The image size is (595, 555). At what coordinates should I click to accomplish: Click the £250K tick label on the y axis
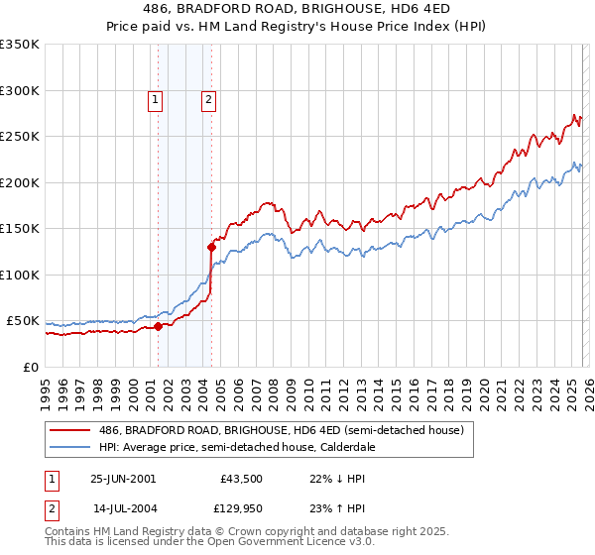click(20, 137)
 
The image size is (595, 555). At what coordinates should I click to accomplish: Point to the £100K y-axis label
click(20, 275)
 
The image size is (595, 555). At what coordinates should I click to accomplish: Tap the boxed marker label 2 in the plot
click(210, 98)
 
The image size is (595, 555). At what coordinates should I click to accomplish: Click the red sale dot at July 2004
click(211, 247)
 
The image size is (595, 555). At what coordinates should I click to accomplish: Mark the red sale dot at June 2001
click(158, 326)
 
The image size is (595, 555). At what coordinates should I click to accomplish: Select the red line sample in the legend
click(71, 431)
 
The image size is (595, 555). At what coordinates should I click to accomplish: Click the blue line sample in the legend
click(71, 448)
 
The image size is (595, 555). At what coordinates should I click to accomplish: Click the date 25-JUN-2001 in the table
click(123, 479)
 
